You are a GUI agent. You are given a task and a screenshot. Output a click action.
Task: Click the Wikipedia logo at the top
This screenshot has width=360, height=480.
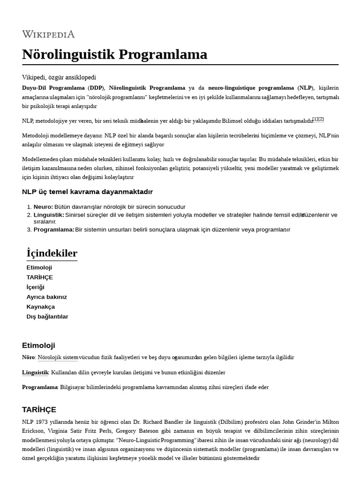[48, 34]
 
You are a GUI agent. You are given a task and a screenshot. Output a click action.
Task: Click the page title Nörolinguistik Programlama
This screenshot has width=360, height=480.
[114, 54]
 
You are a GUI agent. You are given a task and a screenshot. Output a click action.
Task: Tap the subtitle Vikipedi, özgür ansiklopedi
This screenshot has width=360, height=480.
[59, 77]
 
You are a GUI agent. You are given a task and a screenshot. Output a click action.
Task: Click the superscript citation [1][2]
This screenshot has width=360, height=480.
[318, 120]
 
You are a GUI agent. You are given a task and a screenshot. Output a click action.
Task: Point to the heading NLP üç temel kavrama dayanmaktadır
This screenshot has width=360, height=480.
[87, 192]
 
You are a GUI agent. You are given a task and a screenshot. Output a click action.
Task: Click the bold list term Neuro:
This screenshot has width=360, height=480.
[43, 207]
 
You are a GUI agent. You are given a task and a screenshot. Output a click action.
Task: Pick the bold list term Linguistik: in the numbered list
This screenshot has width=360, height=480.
[49, 215]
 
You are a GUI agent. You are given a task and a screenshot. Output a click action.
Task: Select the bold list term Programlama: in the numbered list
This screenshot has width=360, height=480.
[54, 230]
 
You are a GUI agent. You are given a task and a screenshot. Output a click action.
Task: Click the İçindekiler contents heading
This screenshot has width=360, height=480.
[52, 254]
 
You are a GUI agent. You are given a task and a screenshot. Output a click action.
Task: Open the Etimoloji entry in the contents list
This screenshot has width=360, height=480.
[39, 267]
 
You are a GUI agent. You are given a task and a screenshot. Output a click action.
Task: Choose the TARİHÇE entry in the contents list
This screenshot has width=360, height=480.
[40, 277]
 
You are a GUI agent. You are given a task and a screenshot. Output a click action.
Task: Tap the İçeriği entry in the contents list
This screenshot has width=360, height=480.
[36, 287]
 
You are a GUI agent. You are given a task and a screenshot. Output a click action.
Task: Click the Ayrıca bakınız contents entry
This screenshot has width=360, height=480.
[47, 297]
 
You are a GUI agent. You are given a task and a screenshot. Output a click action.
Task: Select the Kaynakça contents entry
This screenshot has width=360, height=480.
[41, 307]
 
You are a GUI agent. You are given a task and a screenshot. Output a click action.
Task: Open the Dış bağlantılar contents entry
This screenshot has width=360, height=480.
[47, 316]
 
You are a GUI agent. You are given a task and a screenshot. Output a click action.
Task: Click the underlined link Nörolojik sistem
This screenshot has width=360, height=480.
[58, 357]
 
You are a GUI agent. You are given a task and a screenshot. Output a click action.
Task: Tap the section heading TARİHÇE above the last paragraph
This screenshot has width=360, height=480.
[39, 409]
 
